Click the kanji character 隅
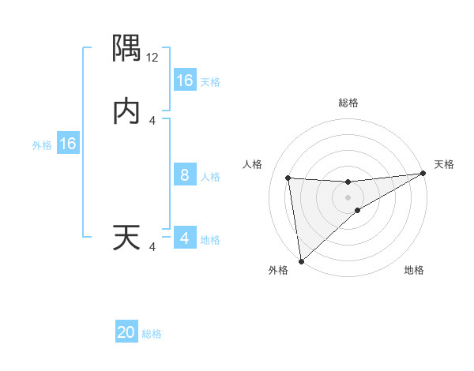pos(126,49)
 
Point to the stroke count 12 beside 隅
pos(152,57)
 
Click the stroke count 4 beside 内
pos(152,120)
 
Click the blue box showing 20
pos(126,332)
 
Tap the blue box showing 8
pos(184,175)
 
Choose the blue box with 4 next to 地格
pos(184,238)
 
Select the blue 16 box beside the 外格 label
pos(67,144)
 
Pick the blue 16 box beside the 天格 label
pos(184,81)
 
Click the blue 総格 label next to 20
pos(152,334)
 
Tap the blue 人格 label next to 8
pos(210,177)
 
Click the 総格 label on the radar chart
pos(348,103)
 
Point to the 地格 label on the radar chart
pos(414,270)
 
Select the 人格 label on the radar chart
pos(253,164)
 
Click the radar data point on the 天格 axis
pos(423,174)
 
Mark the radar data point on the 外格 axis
pos(300,261)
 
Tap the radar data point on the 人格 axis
pos(288,178)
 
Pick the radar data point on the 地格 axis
pos(358,210)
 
